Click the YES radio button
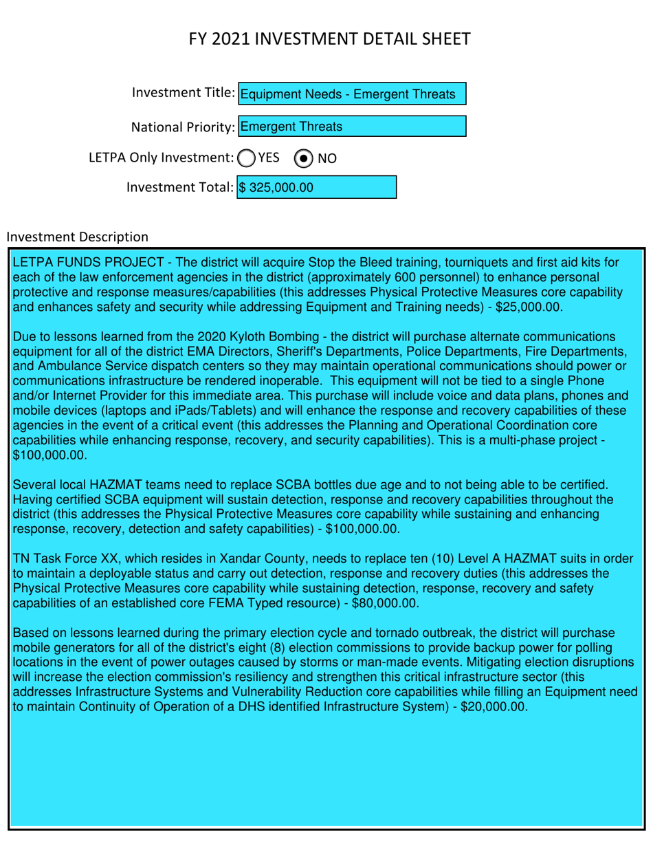(245, 158)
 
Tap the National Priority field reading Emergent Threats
(351, 126)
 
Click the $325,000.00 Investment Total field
(317, 187)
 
